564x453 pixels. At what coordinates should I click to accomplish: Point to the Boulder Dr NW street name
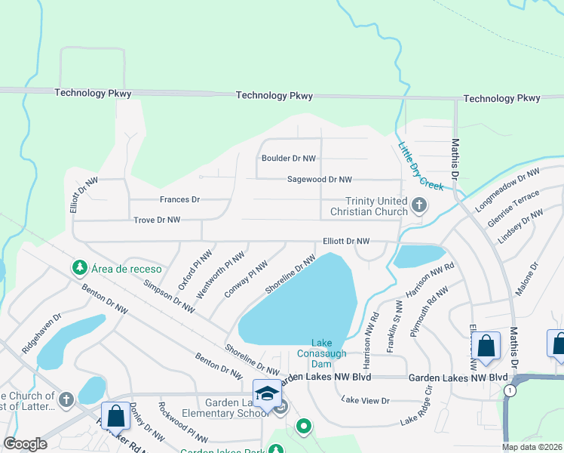point(288,159)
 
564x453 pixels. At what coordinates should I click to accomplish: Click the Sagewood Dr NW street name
point(319,180)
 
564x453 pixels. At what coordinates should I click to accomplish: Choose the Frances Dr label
point(179,199)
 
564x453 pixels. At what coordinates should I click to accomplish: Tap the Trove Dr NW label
point(156,220)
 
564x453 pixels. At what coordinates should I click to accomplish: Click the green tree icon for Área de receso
point(79,267)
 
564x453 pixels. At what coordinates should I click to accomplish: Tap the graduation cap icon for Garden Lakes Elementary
point(267,394)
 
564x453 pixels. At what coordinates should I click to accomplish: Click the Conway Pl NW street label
point(247,279)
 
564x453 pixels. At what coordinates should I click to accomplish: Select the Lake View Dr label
point(365,399)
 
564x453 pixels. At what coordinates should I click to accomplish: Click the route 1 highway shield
point(510,390)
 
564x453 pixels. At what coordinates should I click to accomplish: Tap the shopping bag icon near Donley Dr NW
point(115,417)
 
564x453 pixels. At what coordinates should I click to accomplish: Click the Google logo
point(26,444)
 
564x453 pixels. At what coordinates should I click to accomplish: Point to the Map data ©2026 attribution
point(532,447)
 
